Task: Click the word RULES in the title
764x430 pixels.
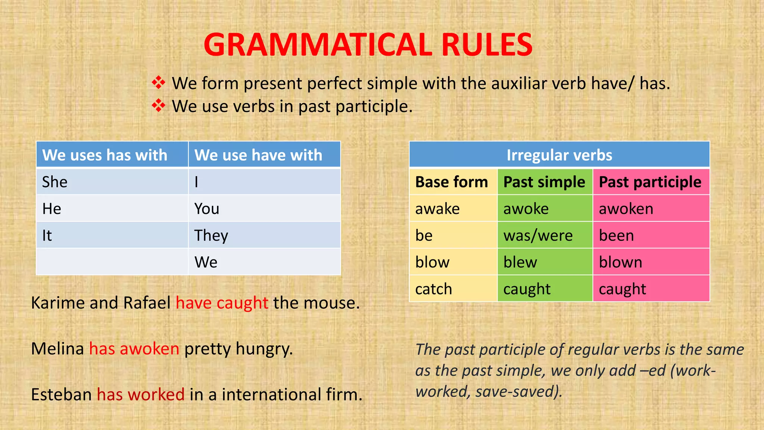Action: [x=487, y=45]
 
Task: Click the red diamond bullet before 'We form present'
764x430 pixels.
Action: [x=159, y=83]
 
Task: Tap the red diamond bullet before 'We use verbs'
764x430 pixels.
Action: [x=159, y=106]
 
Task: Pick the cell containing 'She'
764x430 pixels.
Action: [x=112, y=182]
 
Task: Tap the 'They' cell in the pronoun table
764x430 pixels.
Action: [x=264, y=235]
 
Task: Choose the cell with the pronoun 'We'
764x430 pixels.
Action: [x=264, y=262]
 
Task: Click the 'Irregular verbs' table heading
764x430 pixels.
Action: [x=559, y=155]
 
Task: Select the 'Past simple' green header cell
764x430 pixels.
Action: [x=545, y=182]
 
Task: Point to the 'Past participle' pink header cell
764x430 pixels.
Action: [x=651, y=182]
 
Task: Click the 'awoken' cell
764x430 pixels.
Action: [x=651, y=209]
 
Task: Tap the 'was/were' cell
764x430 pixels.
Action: [x=545, y=235]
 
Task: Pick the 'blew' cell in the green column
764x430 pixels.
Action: [x=545, y=262]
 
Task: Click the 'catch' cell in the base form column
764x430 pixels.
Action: [x=453, y=289]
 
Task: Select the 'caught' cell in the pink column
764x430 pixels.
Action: [x=651, y=289]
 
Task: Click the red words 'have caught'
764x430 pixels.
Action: [x=222, y=303]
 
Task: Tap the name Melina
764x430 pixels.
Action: [x=57, y=349]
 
